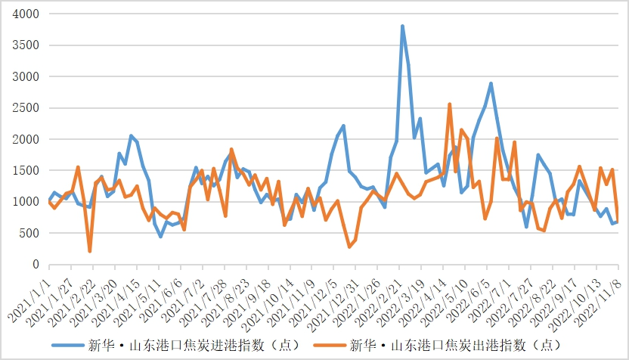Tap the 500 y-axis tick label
30,234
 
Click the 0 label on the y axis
36,265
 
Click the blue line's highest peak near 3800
402,26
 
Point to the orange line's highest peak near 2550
449,104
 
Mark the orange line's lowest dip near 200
90,251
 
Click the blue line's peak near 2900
491,83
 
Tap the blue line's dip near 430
160,237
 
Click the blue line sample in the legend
69,346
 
